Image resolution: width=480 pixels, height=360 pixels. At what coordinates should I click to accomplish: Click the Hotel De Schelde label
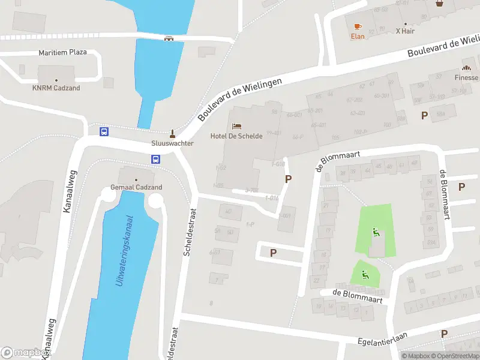pos(236,136)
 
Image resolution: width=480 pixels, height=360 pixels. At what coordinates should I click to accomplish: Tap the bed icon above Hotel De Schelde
pos(236,126)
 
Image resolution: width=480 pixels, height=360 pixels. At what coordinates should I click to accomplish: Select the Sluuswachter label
pos(172,143)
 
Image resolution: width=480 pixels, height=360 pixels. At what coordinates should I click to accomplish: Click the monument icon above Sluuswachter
pos(172,133)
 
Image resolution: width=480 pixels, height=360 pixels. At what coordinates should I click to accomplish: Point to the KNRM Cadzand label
pos(56,88)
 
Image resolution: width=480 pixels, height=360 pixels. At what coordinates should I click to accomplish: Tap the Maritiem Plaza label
pos(62,52)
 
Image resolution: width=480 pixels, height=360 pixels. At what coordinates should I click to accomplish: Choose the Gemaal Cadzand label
pos(136,187)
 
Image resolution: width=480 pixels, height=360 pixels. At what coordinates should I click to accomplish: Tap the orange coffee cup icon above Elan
pos(358,26)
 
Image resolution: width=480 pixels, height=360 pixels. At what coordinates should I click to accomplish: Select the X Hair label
pos(406,31)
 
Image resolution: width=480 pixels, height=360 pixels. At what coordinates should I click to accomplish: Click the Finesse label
pos(466,77)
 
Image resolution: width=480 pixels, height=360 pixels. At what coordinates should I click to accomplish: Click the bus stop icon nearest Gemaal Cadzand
pos(155,160)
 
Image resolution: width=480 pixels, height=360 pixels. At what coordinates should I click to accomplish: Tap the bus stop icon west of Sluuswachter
pos(104,131)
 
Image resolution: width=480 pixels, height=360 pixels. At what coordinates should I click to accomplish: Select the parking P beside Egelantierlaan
pos(444,334)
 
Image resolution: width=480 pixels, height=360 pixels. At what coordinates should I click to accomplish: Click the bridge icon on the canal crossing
pos(169,38)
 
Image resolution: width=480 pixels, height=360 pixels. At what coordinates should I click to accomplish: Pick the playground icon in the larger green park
pos(376,233)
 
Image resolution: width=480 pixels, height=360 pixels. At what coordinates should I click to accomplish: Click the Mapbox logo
pos(24,353)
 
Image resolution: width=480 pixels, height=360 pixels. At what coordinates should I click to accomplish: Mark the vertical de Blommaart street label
pos(444,194)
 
